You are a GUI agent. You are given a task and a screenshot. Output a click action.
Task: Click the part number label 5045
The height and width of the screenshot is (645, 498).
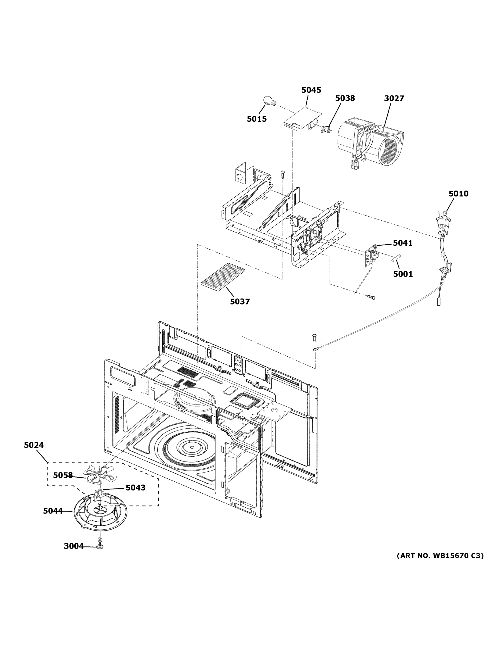(x=311, y=90)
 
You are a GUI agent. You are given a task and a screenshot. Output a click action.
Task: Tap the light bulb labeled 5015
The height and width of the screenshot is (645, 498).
(x=269, y=101)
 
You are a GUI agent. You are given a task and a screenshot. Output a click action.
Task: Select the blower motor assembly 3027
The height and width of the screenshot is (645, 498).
(x=370, y=142)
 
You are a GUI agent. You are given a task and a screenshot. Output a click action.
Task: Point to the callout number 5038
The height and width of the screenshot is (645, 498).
(x=345, y=98)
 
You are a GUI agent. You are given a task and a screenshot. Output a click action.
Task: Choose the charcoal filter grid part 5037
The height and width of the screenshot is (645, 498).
(x=223, y=277)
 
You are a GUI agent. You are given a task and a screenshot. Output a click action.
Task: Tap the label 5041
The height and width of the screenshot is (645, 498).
(x=402, y=243)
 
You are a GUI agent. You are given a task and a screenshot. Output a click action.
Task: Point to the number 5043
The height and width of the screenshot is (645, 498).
(x=135, y=488)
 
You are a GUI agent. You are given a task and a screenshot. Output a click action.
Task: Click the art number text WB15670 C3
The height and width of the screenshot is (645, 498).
(x=440, y=556)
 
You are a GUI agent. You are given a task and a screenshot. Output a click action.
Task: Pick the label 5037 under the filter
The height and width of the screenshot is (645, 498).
(x=239, y=302)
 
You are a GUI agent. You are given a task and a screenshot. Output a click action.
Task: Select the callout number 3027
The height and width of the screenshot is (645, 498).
(x=394, y=98)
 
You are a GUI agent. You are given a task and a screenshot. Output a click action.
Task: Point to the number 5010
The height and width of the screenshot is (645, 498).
(x=458, y=194)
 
